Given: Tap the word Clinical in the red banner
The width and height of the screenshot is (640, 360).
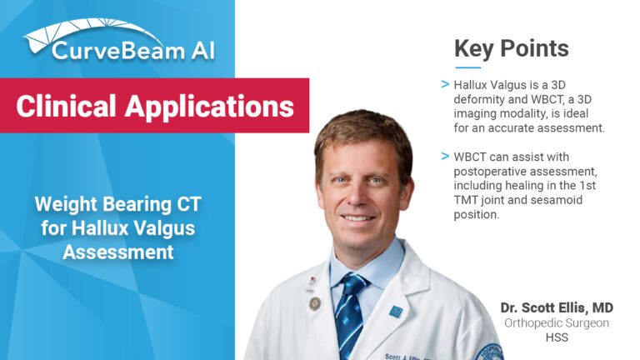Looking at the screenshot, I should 66,106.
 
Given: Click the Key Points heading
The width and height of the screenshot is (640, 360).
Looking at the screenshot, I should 511,48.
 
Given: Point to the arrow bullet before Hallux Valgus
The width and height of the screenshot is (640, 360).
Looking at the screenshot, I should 447,84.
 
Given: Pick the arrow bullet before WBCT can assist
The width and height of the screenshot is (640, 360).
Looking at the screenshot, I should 447,156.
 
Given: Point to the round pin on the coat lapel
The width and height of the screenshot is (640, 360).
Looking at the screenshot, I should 314,303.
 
